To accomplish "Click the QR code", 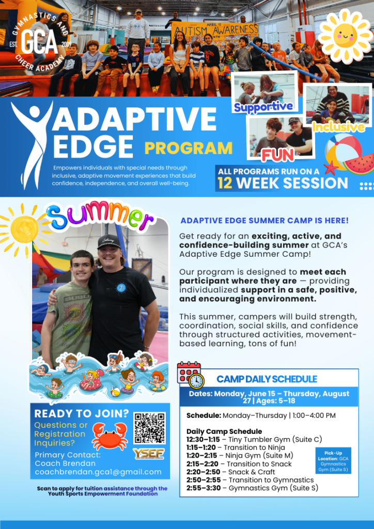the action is [150, 428].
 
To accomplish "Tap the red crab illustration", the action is [110, 436].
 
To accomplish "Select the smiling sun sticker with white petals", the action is [345, 36].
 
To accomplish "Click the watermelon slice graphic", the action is [359, 164].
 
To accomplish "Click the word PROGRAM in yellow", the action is [189, 148].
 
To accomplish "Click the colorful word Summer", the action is [100, 215].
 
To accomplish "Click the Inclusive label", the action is [338, 127].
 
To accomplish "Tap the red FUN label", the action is [278, 154].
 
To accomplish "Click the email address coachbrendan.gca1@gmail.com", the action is [98, 472].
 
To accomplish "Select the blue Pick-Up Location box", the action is [333, 460].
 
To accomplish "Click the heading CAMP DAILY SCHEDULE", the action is [267, 379].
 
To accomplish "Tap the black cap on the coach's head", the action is [109, 242].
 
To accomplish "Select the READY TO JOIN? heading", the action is [82, 413].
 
